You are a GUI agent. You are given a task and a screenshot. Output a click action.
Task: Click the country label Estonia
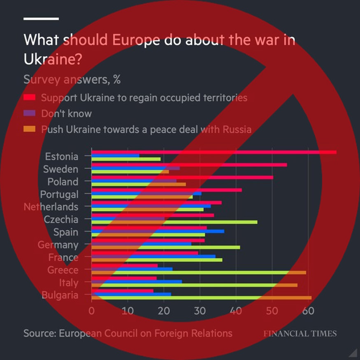coord(61,157)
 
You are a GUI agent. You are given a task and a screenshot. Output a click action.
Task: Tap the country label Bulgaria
coord(60,295)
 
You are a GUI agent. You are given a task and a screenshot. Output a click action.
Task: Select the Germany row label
coord(58,245)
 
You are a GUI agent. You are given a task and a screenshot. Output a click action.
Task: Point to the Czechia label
coord(61,219)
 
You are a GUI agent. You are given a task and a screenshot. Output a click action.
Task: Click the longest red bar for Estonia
coord(214,152)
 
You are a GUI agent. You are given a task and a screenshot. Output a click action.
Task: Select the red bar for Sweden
coord(189,165)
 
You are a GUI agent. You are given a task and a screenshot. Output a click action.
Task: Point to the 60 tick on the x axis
coord(308,311)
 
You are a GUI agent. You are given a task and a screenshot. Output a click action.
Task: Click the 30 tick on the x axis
coord(200,311)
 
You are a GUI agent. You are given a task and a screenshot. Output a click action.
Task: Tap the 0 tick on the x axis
coord(92,311)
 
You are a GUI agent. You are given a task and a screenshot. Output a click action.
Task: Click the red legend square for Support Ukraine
coord(29,98)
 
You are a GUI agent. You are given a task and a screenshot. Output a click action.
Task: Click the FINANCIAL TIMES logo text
coord(300,333)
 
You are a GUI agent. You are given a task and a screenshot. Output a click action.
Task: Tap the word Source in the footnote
coord(39,333)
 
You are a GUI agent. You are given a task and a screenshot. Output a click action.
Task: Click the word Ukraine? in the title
coord(52,59)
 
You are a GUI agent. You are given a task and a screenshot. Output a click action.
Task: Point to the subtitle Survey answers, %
coord(72,79)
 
